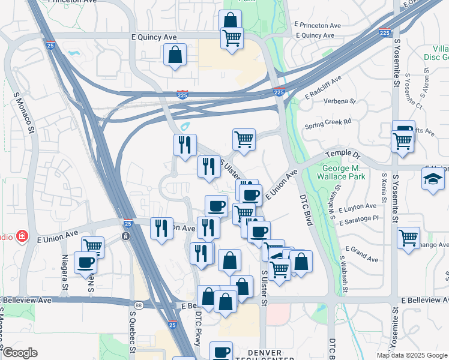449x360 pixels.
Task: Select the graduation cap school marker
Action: [432, 178]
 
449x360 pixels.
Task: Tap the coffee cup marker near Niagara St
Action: [85, 262]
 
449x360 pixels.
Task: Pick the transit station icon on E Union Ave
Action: [125, 236]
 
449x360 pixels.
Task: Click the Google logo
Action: [19, 353]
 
